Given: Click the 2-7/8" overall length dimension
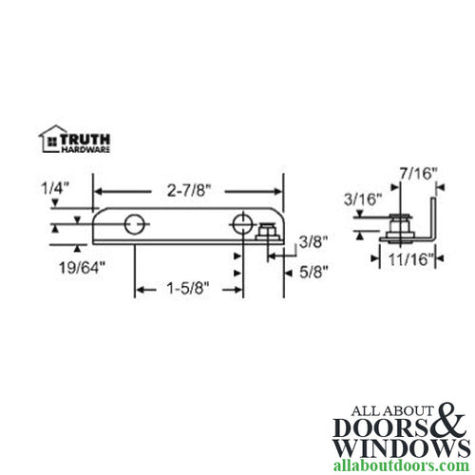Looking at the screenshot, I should pyautogui.click(x=188, y=190).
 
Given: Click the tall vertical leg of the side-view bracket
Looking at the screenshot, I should pyautogui.click(x=433, y=214).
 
